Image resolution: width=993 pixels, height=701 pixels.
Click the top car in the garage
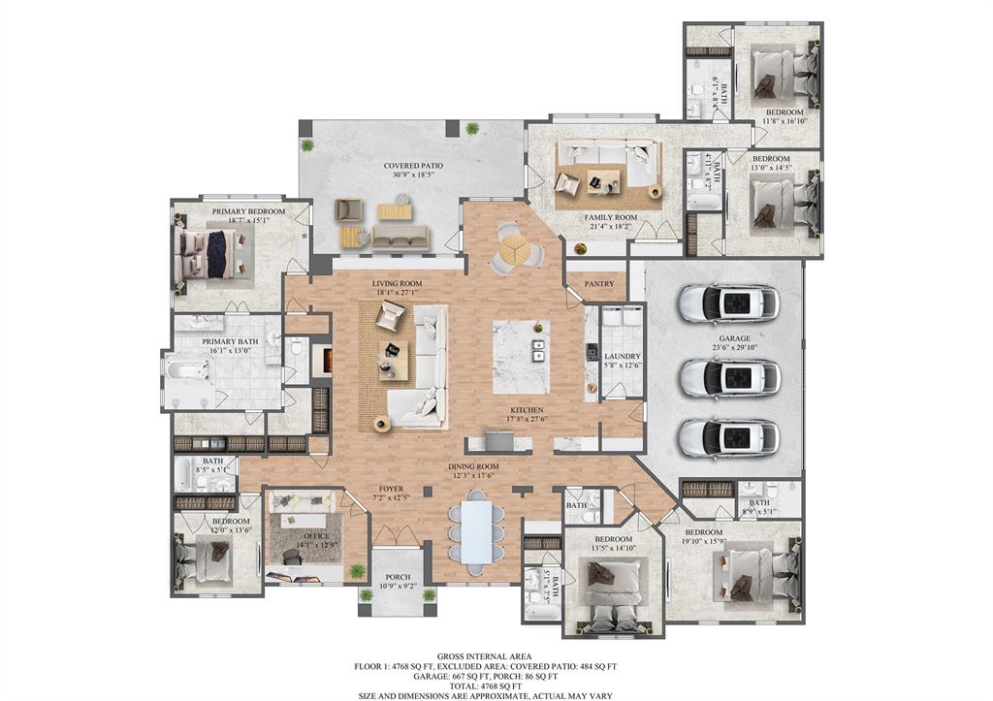click(x=729, y=303)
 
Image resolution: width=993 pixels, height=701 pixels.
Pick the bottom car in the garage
click(x=729, y=437)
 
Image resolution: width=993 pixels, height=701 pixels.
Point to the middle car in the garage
click(x=729, y=377)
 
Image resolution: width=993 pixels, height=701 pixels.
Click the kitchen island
click(x=521, y=356)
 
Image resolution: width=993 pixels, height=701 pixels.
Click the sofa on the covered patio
click(x=400, y=237)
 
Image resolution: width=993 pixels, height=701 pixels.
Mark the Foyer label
click(x=391, y=489)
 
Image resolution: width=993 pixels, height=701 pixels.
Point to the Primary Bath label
click(x=227, y=341)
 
